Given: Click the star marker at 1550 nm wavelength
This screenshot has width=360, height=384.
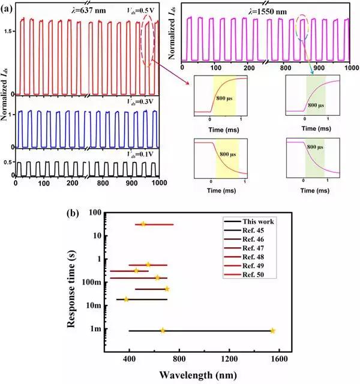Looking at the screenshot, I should [272, 331].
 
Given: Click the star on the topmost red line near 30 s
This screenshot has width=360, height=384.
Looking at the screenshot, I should [143, 224].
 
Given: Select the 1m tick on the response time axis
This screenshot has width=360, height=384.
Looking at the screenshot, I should [97, 329].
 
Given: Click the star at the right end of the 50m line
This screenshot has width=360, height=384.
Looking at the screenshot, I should [167, 289].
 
